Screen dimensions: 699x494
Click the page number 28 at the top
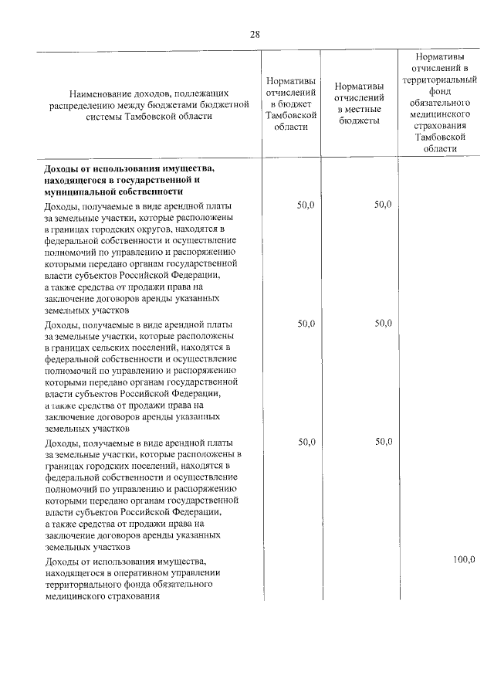pyautogui.click(x=255, y=34)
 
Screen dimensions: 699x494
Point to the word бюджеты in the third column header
pyautogui.click(x=360, y=121)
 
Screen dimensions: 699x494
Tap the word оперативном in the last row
pyautogui.click(x=130, y=572)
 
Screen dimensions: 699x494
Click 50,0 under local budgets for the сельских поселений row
pyautogui.click(x=384, y=324)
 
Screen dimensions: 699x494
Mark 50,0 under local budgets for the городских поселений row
pyautogui.click(x=384, y=442)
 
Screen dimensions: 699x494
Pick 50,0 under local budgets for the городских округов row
pyautogui.click(x=384, y=205)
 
